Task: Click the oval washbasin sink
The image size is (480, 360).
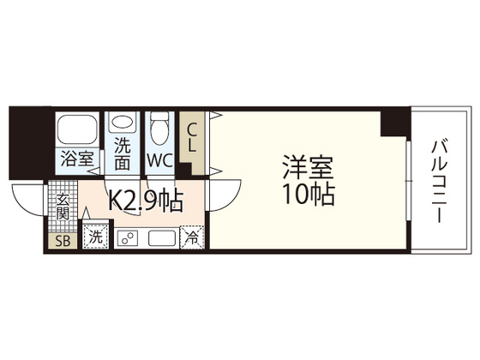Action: (x=122, y=123)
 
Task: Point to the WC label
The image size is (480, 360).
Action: (x=159, y=159)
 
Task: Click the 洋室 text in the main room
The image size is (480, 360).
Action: (x=307, y=165)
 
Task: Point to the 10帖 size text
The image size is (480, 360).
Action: (x=307, y=195)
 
